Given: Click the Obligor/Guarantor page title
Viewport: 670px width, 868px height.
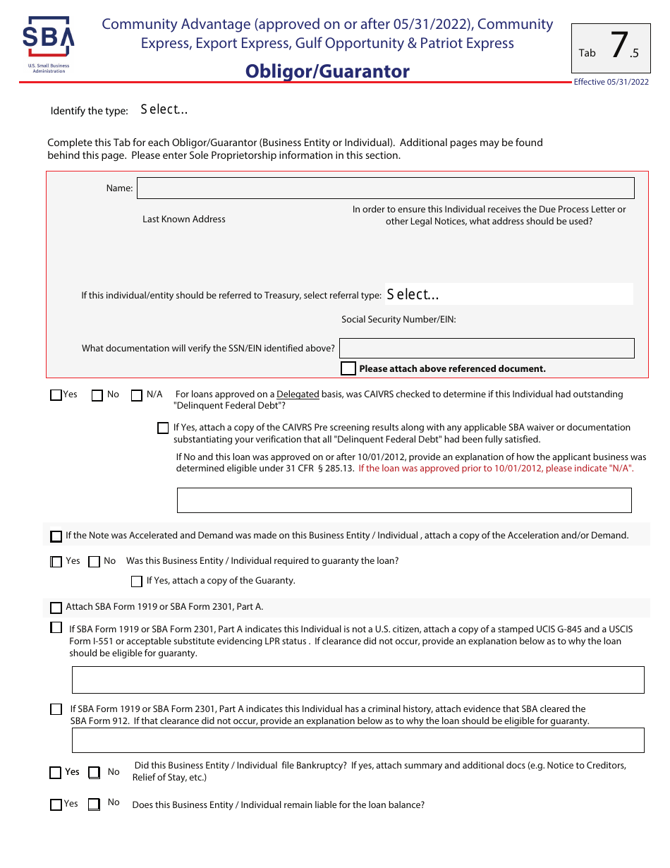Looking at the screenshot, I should pyautogui.click(x=327, y=72).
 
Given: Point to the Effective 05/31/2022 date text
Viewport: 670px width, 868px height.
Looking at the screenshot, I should pyautogui.click(x=611, y=82).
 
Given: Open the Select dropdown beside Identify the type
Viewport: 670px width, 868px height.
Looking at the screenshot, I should pyautogui.click(x=164, y=109).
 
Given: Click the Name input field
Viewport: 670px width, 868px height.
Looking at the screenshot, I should pyautogui.click(x=385, y=188).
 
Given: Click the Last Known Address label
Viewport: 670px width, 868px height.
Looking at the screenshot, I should pyautogui.click(x=184, y=219).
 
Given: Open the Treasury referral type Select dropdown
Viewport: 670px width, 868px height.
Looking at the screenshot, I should pyautogui.click(x=508, y=294).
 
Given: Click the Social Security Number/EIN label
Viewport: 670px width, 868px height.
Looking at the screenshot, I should pyautogui.click(x=398, y=320).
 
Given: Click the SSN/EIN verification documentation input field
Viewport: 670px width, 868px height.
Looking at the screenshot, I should pyautogui.click(x=487, y=348).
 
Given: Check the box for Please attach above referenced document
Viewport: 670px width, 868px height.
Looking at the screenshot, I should pyautogui.click(x=348, y=368).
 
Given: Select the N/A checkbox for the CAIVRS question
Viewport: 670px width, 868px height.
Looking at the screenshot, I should pyautogui.click(x=137, y=395).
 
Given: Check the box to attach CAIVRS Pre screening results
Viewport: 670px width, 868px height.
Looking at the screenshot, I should pyautogui.click(x=163, y=428).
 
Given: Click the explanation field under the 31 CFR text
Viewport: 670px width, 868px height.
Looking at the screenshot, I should pyautogui.click(x=403, y=500).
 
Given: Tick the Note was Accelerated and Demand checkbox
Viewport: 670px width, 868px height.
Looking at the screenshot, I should pyautogui.click(x=56, y=536).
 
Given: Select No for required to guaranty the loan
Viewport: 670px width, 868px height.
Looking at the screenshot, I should pyautogui.click(x=94, y=562).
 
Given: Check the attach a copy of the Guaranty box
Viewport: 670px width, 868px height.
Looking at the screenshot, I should pyautogui.click(x=137, y=581).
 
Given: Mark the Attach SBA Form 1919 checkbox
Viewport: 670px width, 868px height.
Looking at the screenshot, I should pyautogui.click(x=56, y=608).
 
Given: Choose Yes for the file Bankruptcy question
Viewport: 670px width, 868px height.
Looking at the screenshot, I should pyautogui.click(x=56, y=773).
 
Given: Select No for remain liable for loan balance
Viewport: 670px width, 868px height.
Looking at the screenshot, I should pyautogui.click(x=94, y=804).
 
